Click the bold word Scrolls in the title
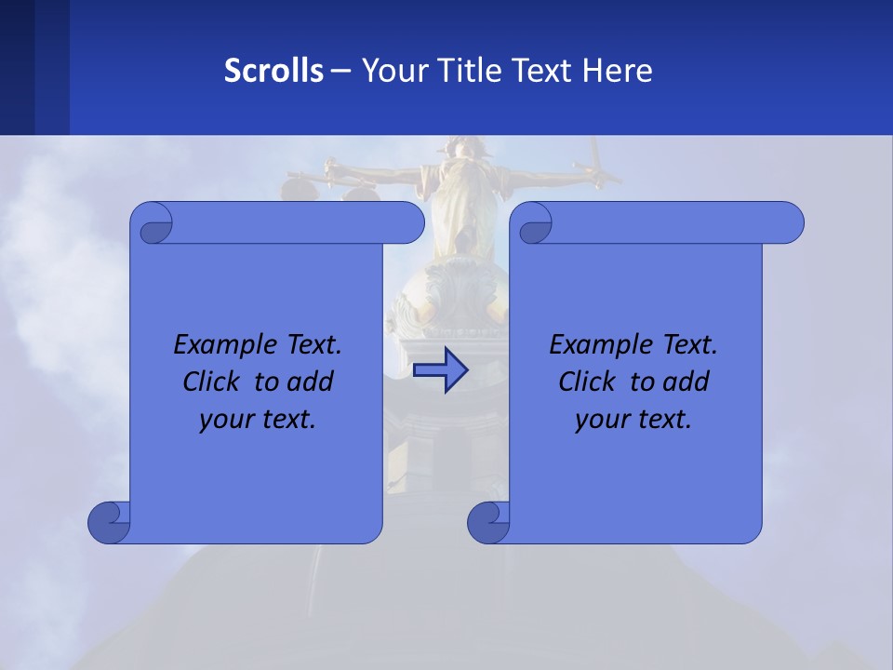(x=273, y=71)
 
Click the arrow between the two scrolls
(x=440, y=370)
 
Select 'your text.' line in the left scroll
(x=258, y=419)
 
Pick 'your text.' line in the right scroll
(x=633, y=419)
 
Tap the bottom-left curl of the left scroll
(x=108, y=522)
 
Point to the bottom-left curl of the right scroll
(x=487, y=522)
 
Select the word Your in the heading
(x=388, y=71)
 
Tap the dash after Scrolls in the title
(x=341, y=71)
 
